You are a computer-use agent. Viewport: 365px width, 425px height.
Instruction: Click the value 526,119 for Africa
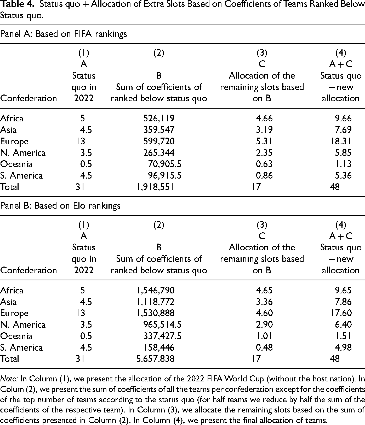159,118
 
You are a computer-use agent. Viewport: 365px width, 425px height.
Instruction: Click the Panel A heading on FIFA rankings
64,34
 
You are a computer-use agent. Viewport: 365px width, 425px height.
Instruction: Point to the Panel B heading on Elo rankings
60,206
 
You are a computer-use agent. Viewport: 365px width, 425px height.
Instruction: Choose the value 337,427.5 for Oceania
162,336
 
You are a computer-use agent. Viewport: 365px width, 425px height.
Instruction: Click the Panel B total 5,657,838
155,359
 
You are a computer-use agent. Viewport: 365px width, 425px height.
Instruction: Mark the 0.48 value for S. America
264,347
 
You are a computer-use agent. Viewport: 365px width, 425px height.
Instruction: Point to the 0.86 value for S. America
264,175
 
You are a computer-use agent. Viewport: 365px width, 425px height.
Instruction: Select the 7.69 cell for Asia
343,130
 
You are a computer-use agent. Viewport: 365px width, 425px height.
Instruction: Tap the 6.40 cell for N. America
343,324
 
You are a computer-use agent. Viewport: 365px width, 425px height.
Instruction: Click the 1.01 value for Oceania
264,336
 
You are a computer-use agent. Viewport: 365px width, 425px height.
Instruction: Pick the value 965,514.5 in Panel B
162,324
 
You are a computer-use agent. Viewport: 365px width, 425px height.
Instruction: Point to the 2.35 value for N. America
264,153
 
